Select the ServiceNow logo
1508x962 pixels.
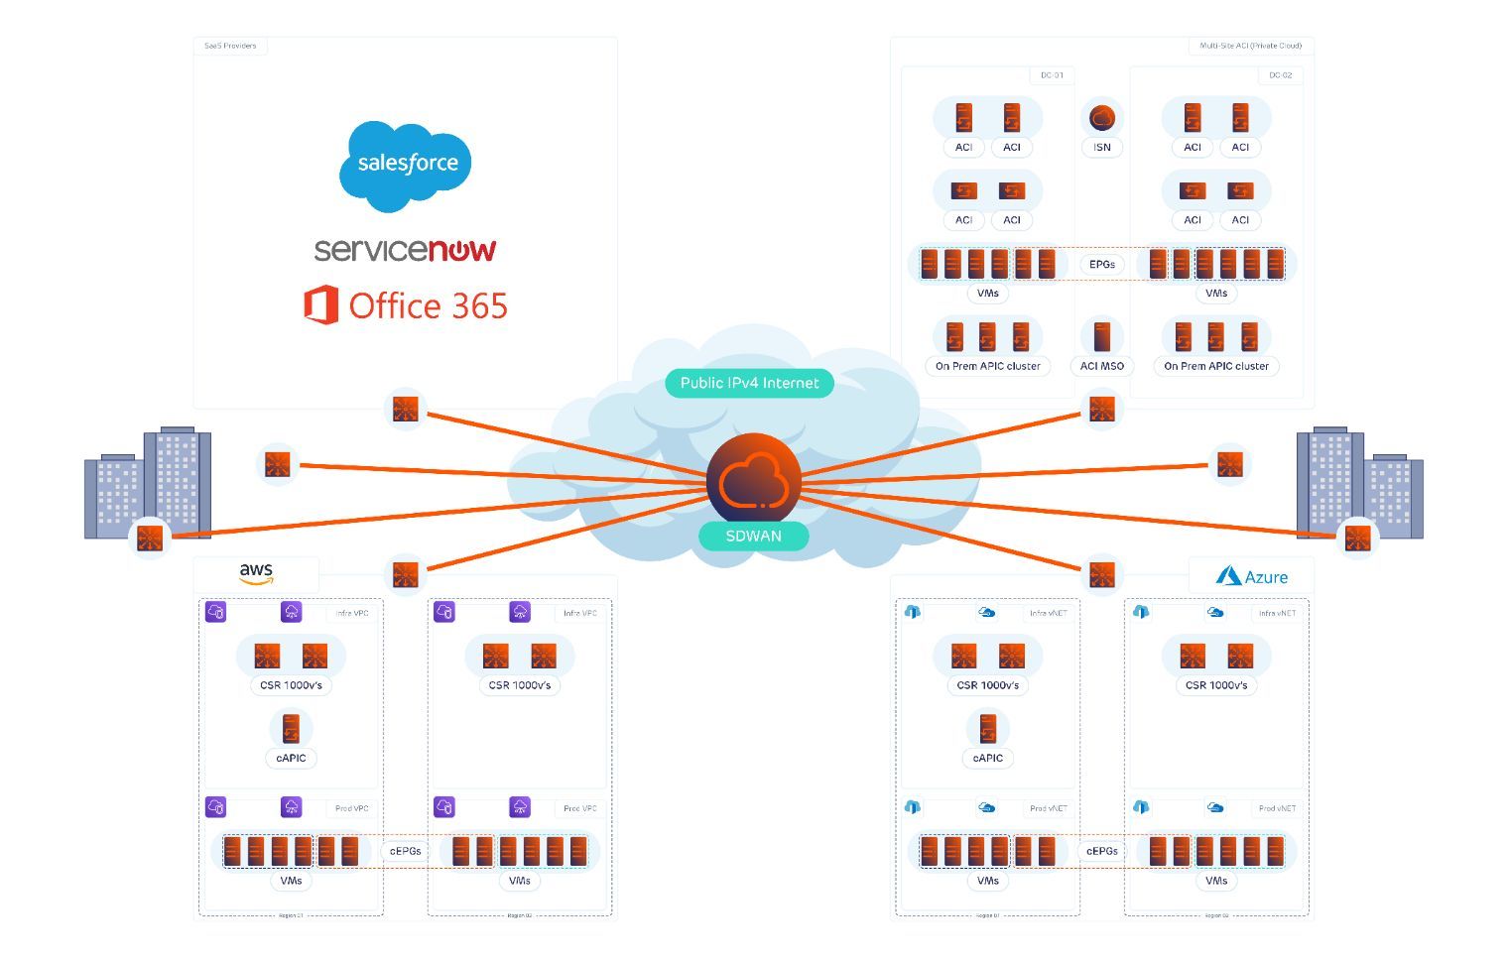tap(405, 250)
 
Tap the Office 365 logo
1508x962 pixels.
tap(406, 305)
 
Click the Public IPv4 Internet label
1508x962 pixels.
tap(749, 383)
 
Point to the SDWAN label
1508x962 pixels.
tap(753, 536)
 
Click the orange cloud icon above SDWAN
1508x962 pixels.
tap(753, 481)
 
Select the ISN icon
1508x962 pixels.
tap(1101, 119)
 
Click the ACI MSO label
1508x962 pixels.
tap(1101, 366)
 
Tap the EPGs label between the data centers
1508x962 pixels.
tap(1101, 264)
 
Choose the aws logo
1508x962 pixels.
tap(256, 573)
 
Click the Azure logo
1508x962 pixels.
tap(1252, 576)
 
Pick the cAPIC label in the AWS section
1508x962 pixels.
tap(291, 758)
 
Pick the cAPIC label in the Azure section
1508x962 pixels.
tap(987, 758)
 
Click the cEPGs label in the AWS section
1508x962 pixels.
tap(405, 851)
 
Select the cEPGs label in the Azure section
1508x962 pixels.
tap(1101, 851)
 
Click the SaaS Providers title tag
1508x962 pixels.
tap(230, 46)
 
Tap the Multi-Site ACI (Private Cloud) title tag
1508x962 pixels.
tap(1250, 46)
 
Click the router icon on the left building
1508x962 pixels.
tap(150, 539)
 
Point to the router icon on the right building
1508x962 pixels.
tap(1357, 539)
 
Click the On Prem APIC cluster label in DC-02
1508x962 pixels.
tap(1216, 366)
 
